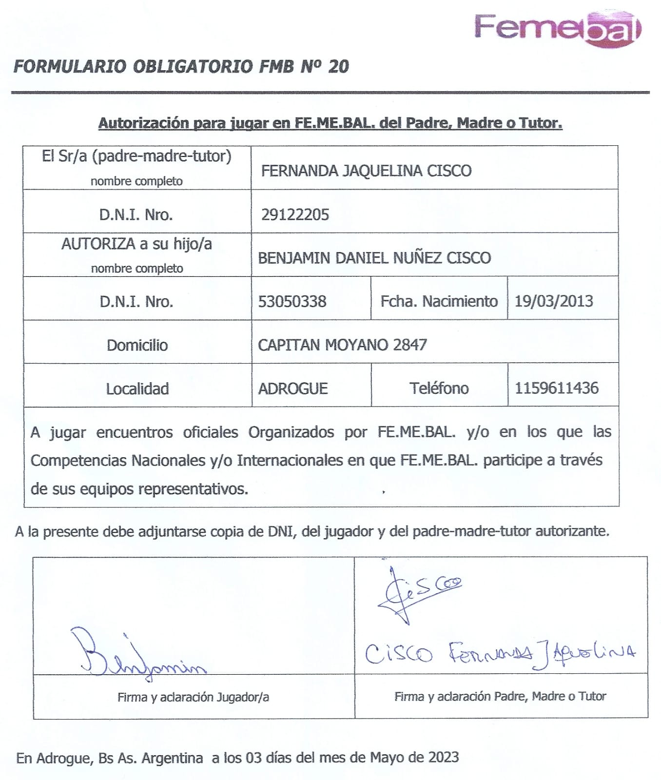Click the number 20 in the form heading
[x=338, y=66]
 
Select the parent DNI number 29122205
[x=295, y=214]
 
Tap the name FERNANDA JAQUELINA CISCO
[x=366, y=171]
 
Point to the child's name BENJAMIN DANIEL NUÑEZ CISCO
[x=374, y=257]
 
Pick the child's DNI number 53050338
[x=292, y=301]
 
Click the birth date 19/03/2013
[x=554, y=301]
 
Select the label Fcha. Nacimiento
[x=439, y=301]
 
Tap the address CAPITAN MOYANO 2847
[x=342, y=345]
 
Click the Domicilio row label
[x=137, y=345]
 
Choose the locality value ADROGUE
[x=292, y=389]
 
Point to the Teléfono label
[x=439, y=388]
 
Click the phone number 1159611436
[x=556, y=388]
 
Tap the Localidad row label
[x=137, y=389]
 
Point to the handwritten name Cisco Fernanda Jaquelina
[x=500, y=653]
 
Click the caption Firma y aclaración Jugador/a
[x=193, y=697]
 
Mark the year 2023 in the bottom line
[x=444, y=757]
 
